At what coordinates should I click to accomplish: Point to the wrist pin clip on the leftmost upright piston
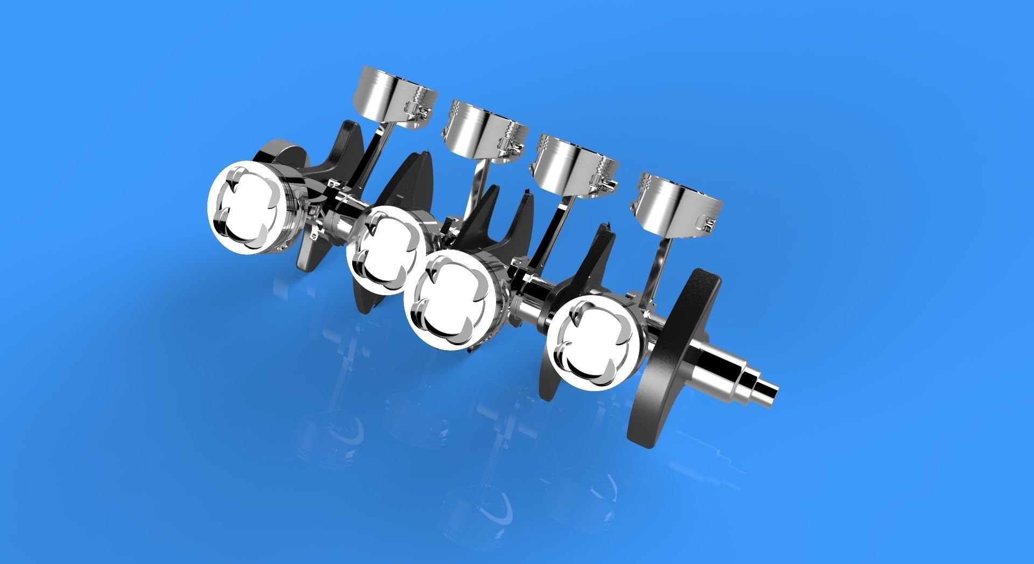click(x=422, y=112)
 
